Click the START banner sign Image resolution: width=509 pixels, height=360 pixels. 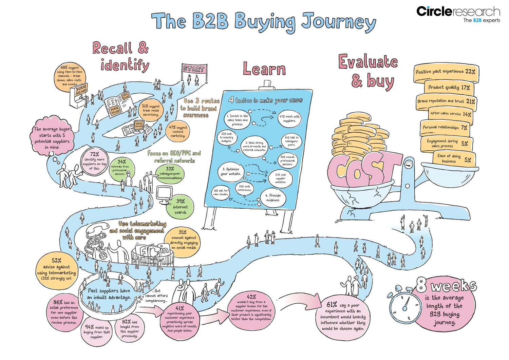194,69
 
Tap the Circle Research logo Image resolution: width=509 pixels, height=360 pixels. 458,14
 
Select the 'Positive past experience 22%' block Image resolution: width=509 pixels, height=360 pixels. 445,72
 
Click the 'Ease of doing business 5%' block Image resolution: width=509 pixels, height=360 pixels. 454,158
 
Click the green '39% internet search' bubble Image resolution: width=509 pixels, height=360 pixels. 180,207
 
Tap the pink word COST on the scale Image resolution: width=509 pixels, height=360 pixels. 360,169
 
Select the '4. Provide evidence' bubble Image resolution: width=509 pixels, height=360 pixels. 273,197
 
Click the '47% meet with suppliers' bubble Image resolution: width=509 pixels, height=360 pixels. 289,118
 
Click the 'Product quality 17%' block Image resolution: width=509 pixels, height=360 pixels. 449,88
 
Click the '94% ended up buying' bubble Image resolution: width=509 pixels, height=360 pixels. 97,331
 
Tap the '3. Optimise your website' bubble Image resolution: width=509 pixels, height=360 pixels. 231,171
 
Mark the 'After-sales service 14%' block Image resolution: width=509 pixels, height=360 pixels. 450,114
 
